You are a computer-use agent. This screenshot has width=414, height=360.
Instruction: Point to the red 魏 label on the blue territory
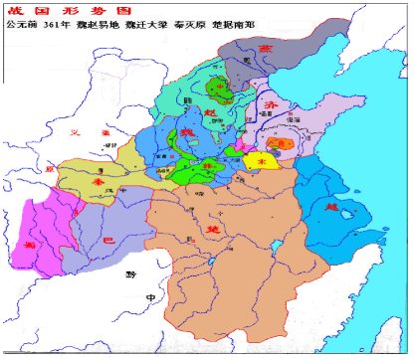click(186, 132)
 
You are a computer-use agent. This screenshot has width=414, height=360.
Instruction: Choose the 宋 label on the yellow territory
click(263, 158)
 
